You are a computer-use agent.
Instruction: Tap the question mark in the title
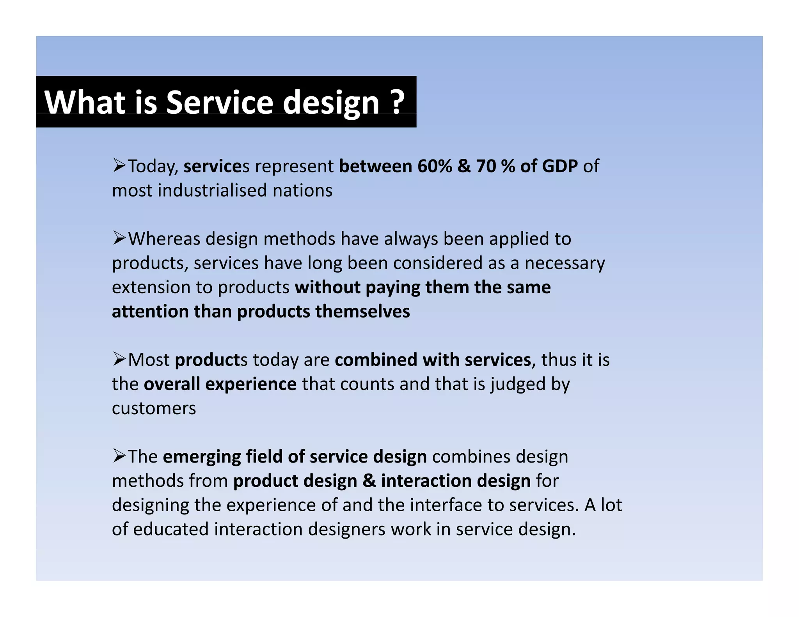(397, 102)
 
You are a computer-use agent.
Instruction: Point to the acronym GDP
(559, 167)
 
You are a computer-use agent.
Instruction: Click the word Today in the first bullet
(153, 167)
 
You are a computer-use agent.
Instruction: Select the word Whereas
(164, 239)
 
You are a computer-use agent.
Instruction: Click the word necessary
(565, 264)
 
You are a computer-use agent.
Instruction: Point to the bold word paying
(392, 288)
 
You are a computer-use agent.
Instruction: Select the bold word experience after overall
(251, 385)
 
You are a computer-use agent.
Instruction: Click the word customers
(154, 409)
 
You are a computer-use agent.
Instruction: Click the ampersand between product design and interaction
(369, 481)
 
